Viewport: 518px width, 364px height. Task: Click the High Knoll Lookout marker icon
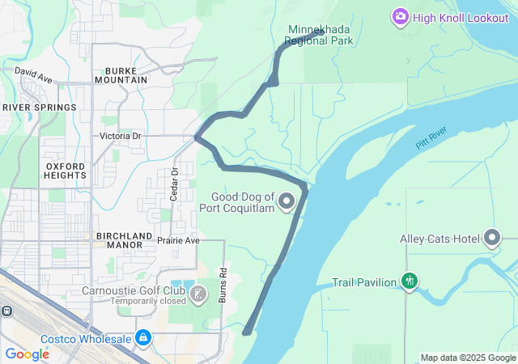[400, 16]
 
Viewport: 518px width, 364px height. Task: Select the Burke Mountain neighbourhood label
[121, 74]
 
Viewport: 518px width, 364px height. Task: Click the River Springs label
[40, 108]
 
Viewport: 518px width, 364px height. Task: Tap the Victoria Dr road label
[121, 136]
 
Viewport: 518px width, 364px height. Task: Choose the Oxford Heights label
[66, 170]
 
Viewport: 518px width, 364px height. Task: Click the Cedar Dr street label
[174, 184]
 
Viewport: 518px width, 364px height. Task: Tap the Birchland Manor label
[125, 239]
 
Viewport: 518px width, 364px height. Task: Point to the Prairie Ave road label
[178, 240]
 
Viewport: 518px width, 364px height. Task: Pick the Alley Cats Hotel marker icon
[493, 239]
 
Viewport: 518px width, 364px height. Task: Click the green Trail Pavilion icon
[410, 281]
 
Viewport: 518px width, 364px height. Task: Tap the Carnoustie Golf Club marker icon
[199, 292]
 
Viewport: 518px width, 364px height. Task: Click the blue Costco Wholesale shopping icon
[143, 336]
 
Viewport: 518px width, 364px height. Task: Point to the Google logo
[28, 354]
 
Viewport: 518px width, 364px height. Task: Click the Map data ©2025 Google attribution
[467, 358]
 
